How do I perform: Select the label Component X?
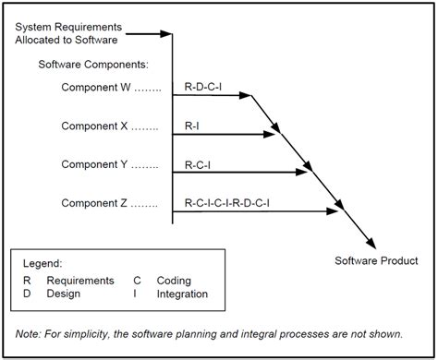click(x=97, y=126)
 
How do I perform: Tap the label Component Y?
click(x=97, y=164)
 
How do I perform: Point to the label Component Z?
click(x=97, y=203)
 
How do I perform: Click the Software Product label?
click(x=375, y=261)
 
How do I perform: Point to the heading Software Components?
click(x=92, y=65)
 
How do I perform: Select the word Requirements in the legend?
click(x=81, y=280)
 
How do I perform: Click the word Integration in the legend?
click(x=182, y=294)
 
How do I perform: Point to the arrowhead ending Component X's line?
click(x=272, y=135)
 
